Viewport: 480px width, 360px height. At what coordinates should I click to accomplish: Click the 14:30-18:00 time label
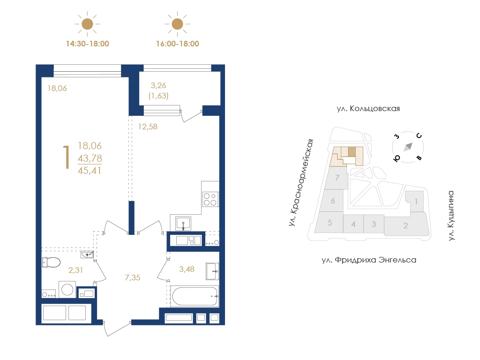[88, 44]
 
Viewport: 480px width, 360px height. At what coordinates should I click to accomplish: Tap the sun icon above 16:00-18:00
[177, 24]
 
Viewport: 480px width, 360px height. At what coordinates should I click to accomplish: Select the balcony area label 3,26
[158, 85]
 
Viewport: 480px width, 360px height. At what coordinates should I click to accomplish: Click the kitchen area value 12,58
[148, 127]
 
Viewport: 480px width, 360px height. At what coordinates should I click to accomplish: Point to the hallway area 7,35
[133, 277]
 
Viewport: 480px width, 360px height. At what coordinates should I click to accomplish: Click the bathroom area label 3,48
[187, 270]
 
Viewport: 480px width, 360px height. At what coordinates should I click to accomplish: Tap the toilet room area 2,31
[75, 270]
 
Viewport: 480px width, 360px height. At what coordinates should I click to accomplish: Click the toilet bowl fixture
[51, 262]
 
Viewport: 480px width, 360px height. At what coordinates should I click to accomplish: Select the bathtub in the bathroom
[195, 296]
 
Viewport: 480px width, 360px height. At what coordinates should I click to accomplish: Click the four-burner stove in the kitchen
[210, 199]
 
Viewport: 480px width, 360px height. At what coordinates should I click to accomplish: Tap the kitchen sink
[183, 223]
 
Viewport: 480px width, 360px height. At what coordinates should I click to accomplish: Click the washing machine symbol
[67, 289]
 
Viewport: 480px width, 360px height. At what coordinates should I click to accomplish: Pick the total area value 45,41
[90, 171]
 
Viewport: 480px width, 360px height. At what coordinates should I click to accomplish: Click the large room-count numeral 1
[66, 157]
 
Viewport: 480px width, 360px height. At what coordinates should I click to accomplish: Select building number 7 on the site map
[337, 178]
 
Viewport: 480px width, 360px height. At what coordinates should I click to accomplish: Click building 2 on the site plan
[405, 225]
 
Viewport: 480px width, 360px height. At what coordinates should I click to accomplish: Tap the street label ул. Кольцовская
[368, 109]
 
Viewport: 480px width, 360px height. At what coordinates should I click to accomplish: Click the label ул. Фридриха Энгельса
[369, 260]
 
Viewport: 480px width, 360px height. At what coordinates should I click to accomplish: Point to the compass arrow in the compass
[408, 147]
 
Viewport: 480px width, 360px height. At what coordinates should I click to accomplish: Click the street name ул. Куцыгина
[450, 216]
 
